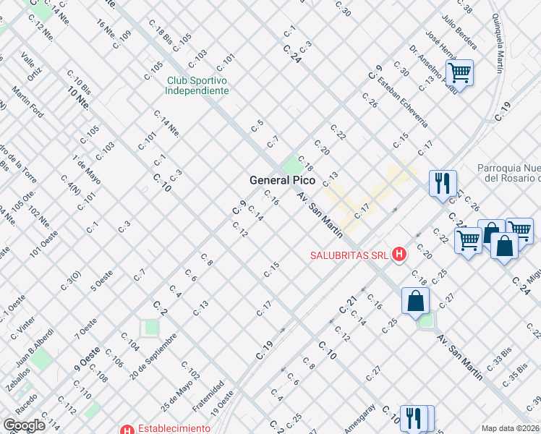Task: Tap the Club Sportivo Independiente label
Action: (197, 85)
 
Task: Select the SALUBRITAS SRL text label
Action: (349, 255)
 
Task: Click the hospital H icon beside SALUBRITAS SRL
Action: (398, 254)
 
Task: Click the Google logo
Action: (24, 425)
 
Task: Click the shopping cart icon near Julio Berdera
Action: (459, 72)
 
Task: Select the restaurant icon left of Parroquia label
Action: (443, 182)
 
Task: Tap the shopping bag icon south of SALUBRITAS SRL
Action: (416, 301)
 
